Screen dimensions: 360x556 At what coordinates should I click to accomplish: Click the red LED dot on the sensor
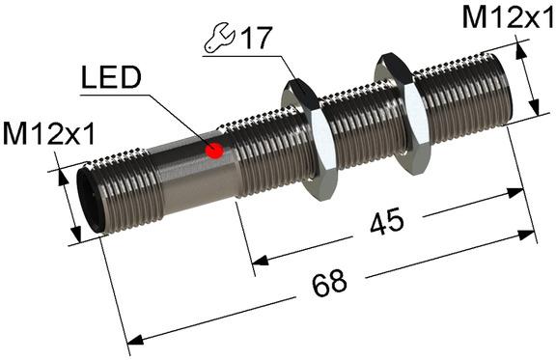215,150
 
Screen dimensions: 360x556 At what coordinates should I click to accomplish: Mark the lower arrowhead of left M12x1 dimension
76,236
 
